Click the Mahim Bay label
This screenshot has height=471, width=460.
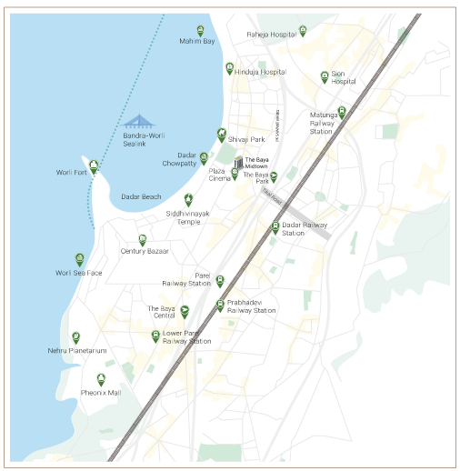coord(197,42)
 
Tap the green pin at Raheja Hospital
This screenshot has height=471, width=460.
coord(303,31)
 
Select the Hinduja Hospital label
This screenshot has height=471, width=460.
coord(261,72)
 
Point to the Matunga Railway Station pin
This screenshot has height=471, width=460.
coord(342,113)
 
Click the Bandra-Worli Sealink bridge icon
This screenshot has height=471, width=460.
coord(140,122)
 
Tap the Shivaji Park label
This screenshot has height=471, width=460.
coord(245,139)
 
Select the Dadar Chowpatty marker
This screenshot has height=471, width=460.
coord(204,158)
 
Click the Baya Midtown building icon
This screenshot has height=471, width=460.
coord(239,163)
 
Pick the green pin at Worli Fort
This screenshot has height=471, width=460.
coord(93,166)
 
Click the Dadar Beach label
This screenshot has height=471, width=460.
coord(141,196)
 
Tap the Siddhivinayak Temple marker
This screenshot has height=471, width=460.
coord(188,199)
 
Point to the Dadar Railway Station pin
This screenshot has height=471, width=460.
coord(275,227)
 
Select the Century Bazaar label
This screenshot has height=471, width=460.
coord(145,251)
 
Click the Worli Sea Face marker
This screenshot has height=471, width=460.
coord(80,259)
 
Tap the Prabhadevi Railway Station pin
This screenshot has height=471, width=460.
coord(220,305)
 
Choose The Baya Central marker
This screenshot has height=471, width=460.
coord(185,312)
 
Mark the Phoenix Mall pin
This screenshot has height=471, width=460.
coord(101,379)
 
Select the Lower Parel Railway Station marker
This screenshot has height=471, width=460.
coord(155,336)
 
